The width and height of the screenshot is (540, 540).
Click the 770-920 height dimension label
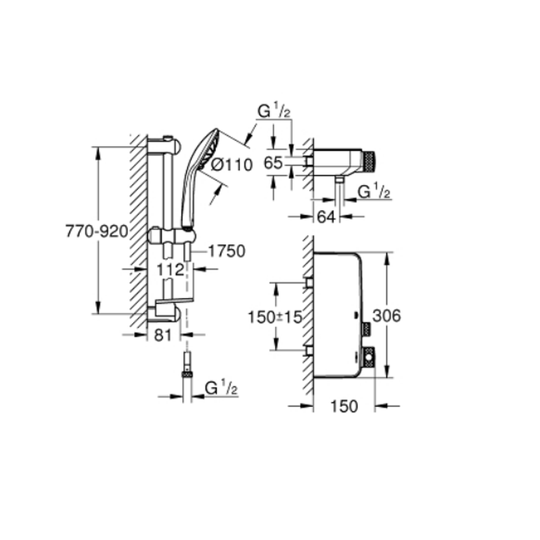point(97,232)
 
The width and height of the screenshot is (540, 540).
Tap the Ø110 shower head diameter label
point(232,165)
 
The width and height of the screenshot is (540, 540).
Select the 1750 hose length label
point(227,251)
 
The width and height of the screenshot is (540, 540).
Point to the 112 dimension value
point(171,269)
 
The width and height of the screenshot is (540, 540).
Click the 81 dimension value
point(163,335)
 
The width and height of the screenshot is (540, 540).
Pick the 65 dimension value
point(273,163)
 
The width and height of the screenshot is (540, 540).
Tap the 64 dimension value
point(326,217)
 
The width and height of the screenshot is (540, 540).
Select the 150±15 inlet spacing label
point(275,317)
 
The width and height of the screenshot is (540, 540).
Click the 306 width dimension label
point(387,316)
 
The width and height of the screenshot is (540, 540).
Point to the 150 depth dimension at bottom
point(345,407)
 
